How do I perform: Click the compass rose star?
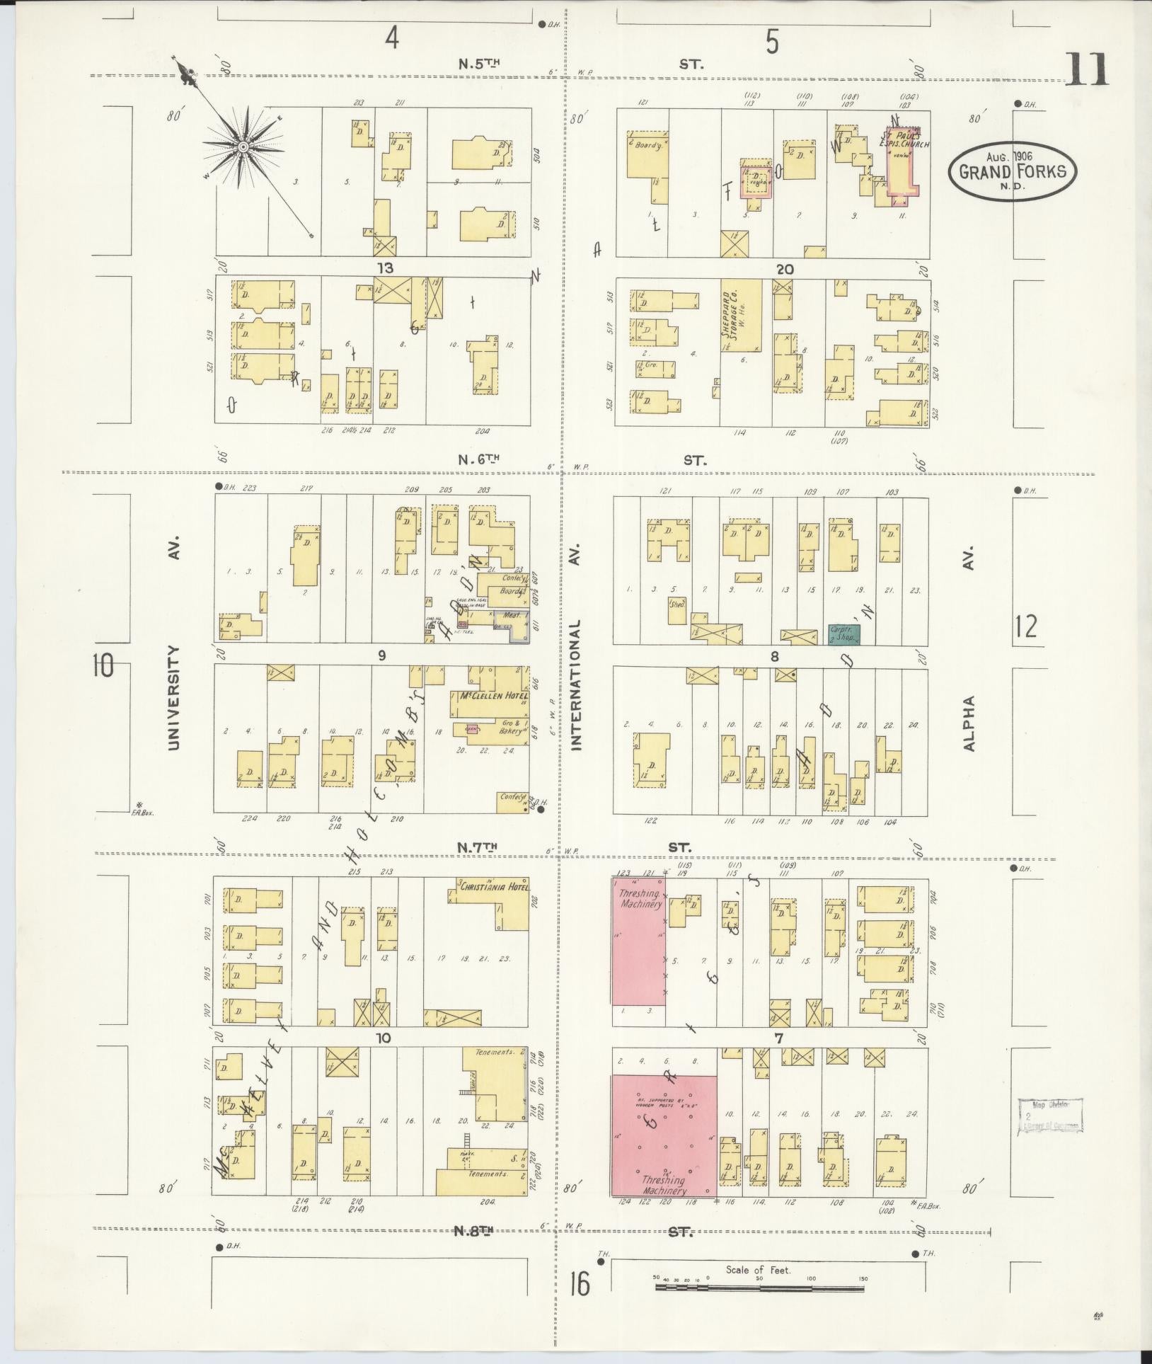pos(243,147)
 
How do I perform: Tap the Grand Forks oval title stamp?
pos(1012,171)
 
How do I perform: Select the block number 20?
pos(784,269)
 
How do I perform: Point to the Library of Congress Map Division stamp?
pos(1050,1116)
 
